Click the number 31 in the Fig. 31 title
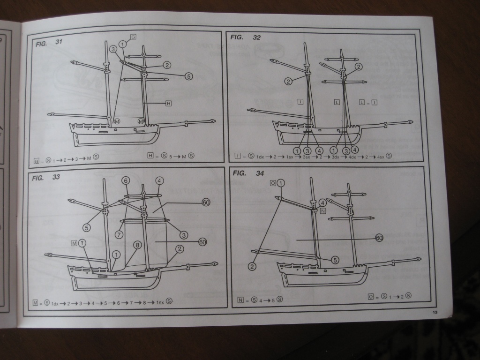[x=59, y=42]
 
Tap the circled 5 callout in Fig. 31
[x=189, y=76]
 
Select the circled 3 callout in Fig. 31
[x=113, y=49]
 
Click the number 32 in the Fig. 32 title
[x=256, y=38]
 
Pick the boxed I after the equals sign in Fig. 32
[x=375, y=102]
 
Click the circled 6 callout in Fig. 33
[x=125, y=180]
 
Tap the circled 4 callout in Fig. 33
[x=159, y=180]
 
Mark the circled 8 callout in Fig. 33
[x=137, y=245]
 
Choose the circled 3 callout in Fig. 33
[x=184, y=235]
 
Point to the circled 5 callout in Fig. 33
[x=87, y=228]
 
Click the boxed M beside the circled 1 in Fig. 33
[x=74, y=242]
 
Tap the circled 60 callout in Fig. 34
[x=379, y=238]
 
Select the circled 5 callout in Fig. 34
[x=335, y=260]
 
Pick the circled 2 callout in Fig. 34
[x=252, y=267]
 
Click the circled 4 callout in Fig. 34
[x=323, y=203]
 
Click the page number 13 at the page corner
[x=435, y=312]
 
